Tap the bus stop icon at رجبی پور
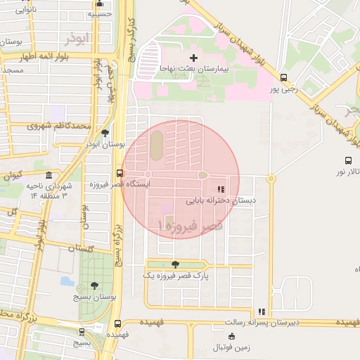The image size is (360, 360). point(283,78)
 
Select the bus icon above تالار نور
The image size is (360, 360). point(348,160)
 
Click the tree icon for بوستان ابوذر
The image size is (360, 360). point(105,132)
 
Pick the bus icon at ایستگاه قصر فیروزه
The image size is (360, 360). point(119,173)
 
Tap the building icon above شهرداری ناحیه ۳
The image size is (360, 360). point(48,175)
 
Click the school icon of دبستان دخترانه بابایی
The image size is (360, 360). point(220,189)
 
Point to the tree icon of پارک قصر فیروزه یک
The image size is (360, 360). point(174,264)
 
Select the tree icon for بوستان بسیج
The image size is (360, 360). point(95,285)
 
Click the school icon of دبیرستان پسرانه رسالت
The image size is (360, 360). point(262,311)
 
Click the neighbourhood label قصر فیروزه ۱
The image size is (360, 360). point(191,226)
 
